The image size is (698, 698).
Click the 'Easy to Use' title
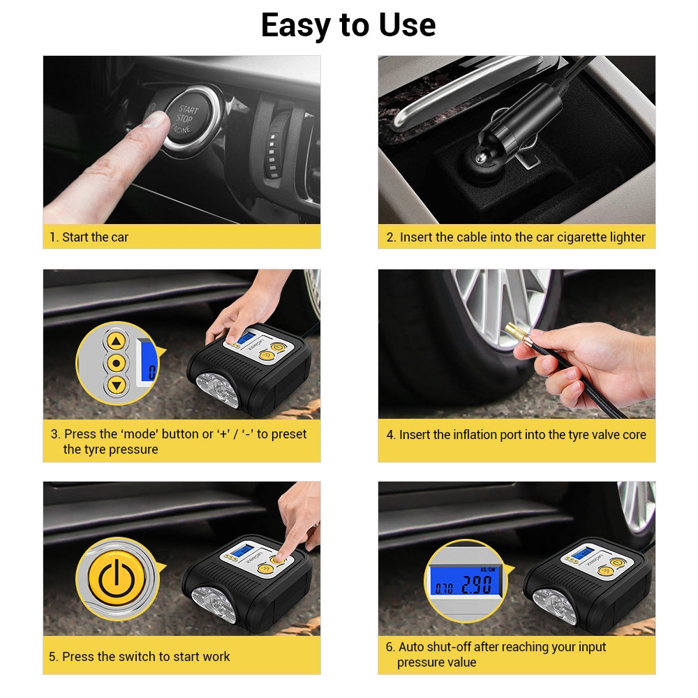348,25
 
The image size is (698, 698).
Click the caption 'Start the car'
95,237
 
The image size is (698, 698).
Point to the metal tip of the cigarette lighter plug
481,158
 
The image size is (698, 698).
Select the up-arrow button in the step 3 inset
116,341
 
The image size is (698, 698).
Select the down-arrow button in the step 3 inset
117,385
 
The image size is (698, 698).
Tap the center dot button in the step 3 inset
116,363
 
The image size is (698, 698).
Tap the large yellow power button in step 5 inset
117,579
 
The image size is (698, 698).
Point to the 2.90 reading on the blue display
476,585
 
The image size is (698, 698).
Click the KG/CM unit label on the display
489,570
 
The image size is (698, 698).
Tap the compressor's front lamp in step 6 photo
554,606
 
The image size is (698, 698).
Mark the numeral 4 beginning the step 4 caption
390,435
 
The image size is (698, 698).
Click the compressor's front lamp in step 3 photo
217,390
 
